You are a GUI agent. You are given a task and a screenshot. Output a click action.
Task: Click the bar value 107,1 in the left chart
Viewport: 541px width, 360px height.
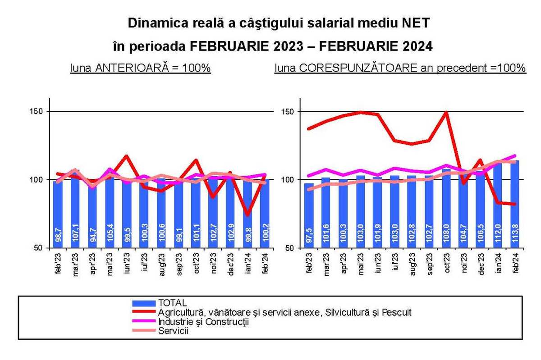[75, 235]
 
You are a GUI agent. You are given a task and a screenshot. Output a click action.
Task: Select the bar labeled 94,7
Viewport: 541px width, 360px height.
[92, 235]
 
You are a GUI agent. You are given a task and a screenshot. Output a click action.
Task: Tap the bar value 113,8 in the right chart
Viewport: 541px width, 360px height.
[515, 234]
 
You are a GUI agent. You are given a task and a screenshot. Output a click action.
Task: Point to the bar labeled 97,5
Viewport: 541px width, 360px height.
[309, 234]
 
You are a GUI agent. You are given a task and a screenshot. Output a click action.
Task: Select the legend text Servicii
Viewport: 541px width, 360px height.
[173, 331]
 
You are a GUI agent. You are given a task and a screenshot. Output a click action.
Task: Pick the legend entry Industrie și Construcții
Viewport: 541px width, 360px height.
[203, 322]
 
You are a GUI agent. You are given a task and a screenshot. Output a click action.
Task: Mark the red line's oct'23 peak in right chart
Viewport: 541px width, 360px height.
[446, 112]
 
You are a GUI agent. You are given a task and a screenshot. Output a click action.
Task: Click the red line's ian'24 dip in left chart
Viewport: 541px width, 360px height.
[248, 214]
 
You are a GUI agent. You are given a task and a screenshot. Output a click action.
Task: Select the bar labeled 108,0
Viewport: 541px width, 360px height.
[446, 234]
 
